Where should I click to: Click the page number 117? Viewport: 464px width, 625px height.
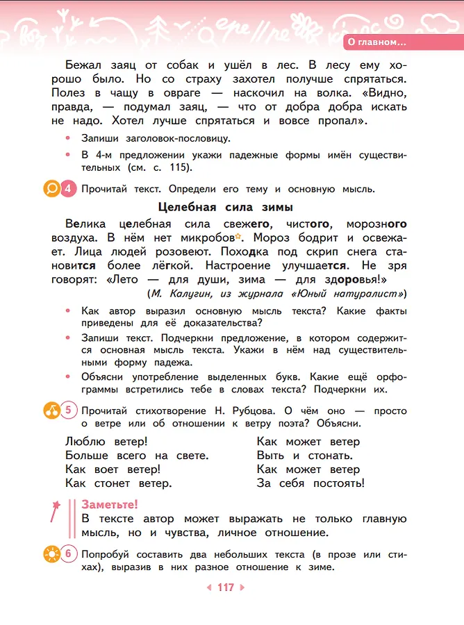pyautogui.click(x=226, y=587)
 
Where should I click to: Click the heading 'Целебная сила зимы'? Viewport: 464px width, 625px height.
pyautogui.click(x=226, y=207)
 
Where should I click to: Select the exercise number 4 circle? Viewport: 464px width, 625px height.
pyautogui.click(x=68, y=189)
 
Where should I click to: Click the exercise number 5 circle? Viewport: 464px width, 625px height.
pyautogui.click(x=69, y=410)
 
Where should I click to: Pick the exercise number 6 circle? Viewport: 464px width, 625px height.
pyautogui.click(x=69, y=554)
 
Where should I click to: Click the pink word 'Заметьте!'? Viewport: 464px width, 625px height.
pyautogui.click(x=110, y=505)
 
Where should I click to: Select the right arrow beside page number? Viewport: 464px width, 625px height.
pyautogui.click(x=242, y=587)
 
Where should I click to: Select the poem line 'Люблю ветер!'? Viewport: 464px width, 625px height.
pyautogui.click(x=106, y=442)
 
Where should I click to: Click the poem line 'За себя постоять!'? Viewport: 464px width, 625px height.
pyautogui.click(x=310, y=483)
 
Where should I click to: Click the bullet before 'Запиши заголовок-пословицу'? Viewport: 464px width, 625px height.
pyautogui.click(x=67, y=138)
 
